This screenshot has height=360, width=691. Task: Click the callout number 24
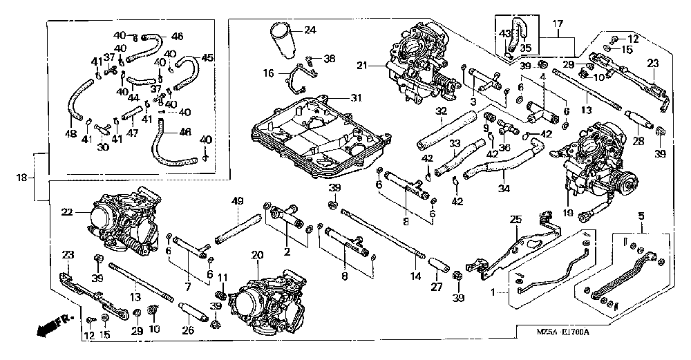click(x=309, y=30)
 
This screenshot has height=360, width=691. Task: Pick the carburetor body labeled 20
click(x=266, y=301)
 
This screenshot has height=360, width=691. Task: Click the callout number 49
click(x=238, y=201)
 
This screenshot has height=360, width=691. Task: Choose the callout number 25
click(x=515, y=220)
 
